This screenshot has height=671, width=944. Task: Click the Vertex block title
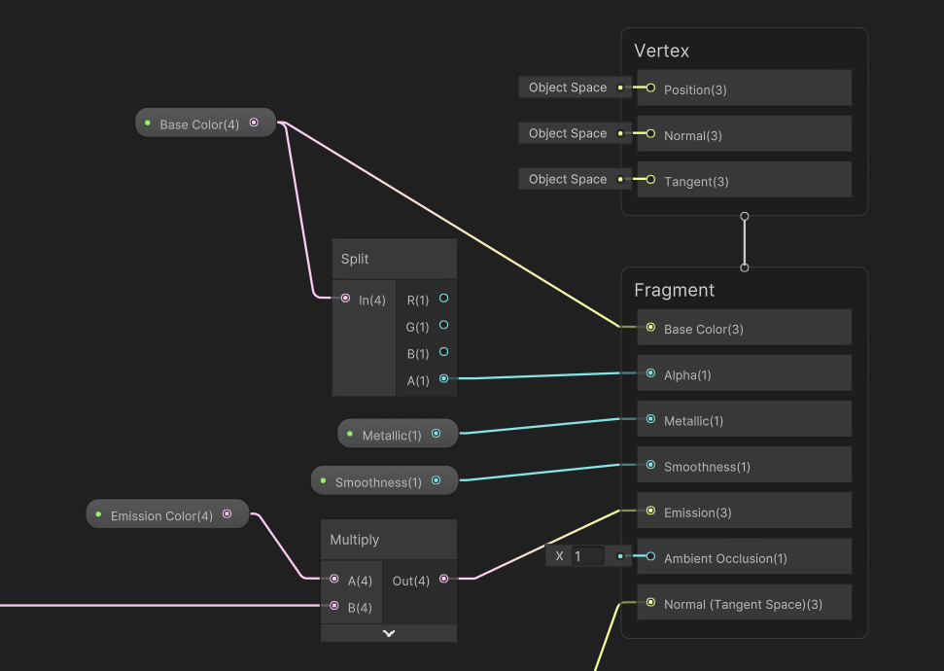tap(661, 51)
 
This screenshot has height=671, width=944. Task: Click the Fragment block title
tap(674, 290)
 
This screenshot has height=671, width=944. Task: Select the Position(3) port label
tap(695, 89)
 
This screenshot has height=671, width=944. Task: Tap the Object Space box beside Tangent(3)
tap(568, 179)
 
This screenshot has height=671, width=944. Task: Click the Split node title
tap(355, 259)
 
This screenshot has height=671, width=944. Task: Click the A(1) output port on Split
tap(444, 379)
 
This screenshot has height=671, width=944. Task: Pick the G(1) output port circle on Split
tap(444, 325)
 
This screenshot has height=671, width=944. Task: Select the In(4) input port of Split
tap(345, 299)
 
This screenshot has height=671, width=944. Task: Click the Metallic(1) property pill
tap(392, 435)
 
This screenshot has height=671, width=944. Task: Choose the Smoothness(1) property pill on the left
tap(378, 481)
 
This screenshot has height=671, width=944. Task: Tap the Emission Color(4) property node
tap(161, 515)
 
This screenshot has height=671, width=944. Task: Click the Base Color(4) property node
tap(199, 124)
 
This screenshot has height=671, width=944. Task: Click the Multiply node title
tap(355, 540)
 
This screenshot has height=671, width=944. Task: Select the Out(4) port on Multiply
tap(444, 580)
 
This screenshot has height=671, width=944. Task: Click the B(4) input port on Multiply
tap(334, 606)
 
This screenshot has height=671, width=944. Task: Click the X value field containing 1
tap(587, 556)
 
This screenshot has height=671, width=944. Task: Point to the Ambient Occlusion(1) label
tap(725, 558)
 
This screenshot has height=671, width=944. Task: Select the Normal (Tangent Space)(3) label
tap(743, 604)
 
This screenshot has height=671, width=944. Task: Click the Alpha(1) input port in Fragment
tap(650, 373)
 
